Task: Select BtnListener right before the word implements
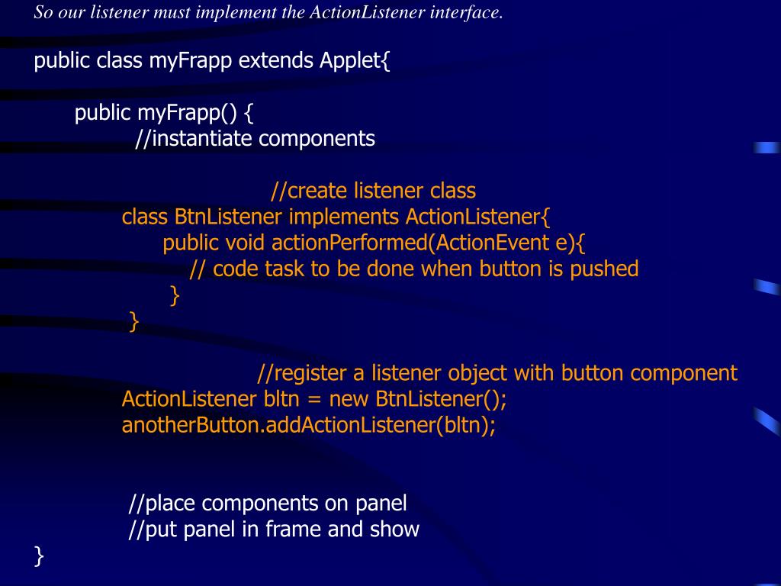tap(229, 217)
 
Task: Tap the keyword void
tap(246, 243)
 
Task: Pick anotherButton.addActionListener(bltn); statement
tap(308, 425)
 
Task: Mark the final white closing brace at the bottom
tap(40, 556)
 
